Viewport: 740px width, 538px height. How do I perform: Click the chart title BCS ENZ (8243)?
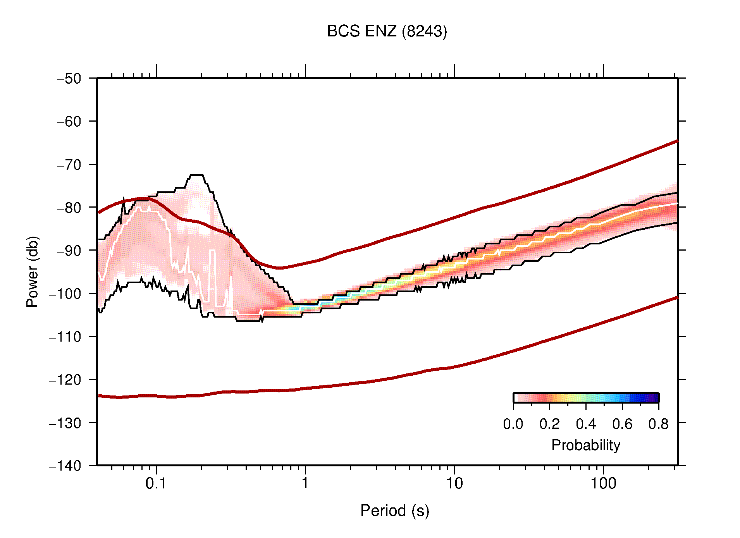click(387, 31)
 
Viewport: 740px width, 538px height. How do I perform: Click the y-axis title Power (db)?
click(33, 272)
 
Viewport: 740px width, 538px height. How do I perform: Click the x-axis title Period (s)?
click(394, 510)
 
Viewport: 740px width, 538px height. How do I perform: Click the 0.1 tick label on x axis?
click(156, 483)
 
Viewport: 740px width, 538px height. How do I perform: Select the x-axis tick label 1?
click(305, 483)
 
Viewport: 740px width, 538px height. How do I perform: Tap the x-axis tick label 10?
click(454, 483)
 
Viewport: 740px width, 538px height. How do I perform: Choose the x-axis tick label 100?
click(603, 483)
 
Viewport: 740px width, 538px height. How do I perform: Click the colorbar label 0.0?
click(513, 424)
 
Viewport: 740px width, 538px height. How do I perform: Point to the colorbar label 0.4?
click(586, 424)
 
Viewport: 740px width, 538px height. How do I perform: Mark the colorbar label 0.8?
click(658, 424)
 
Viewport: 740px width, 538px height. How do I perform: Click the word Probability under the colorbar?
click(585, 445)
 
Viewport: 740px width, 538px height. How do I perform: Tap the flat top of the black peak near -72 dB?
click(197, 175)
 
